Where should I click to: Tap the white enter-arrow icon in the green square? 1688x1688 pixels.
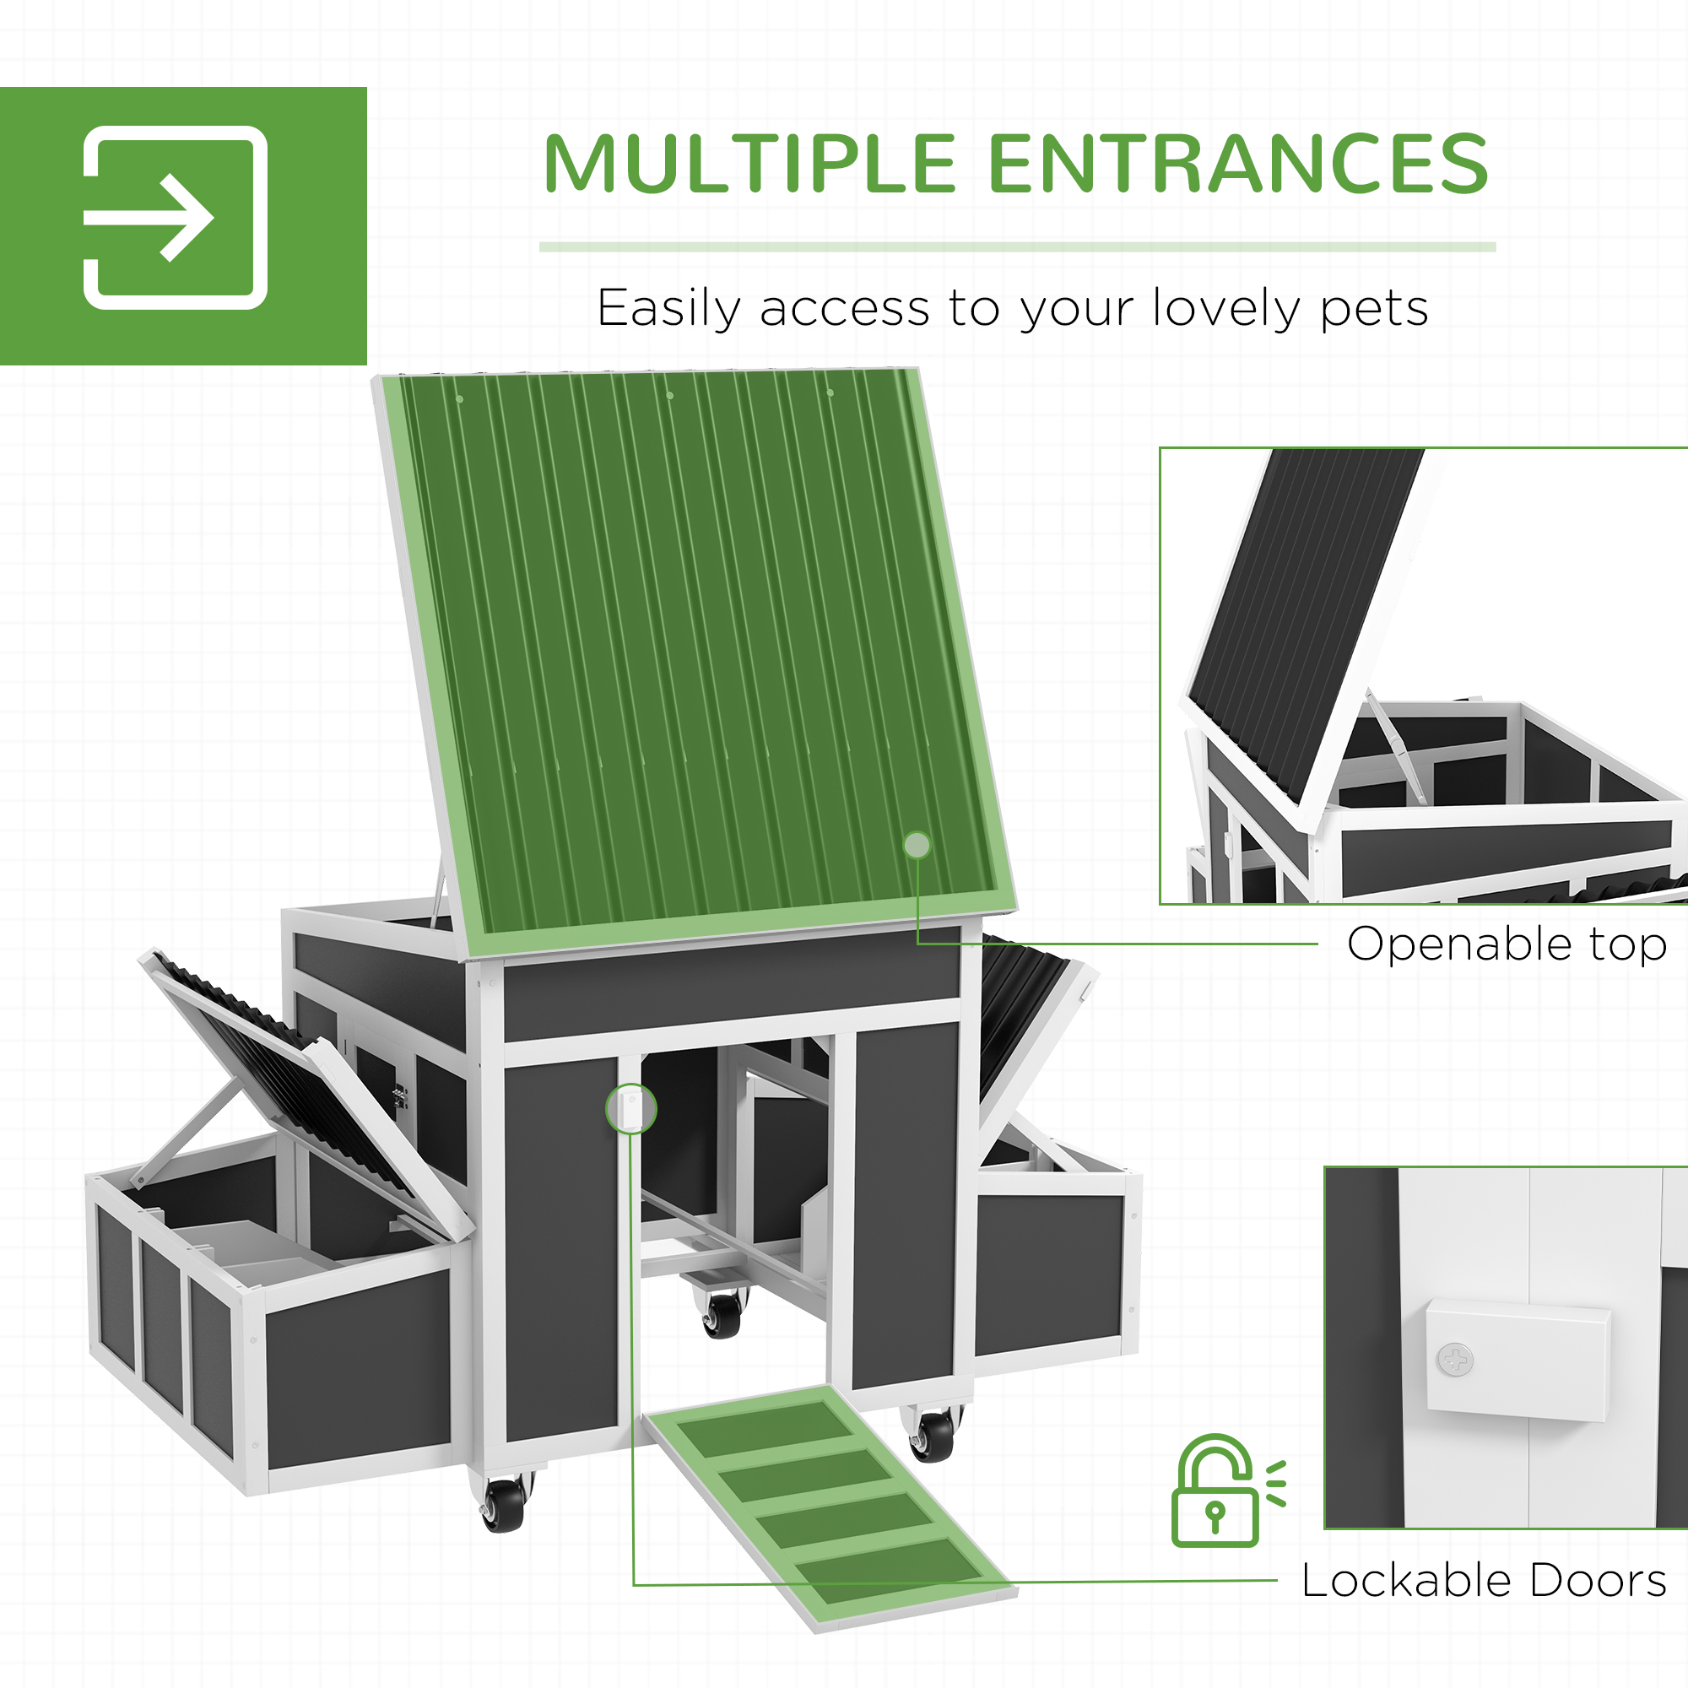pyautogui.click(x=175, y=218)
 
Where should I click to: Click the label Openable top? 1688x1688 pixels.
pyautogui.click(x=1507, y=944)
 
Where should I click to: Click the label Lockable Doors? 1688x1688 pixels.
pyautogui.click(x=1484, y=1581)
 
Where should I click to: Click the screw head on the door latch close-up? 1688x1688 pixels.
pyautogui.click(x=1455, y=1361)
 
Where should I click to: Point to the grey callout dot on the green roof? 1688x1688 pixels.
pyautogui.click(x=917, y=845)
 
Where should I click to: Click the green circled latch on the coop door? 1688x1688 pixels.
pyautogui.click(x=630, y=1109)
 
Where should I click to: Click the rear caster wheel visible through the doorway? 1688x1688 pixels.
pyautogui.click(x=722, y=1315)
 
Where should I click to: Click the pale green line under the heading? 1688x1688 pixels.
pyautogui.click(x=1017, y=247)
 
